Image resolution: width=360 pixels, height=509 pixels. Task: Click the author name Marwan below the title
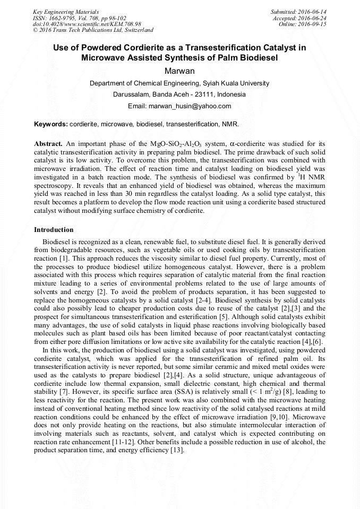click(x=179, y=70)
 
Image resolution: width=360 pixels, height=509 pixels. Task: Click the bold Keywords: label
click(x=51, y=124)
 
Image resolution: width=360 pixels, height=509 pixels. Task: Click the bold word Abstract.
click(x=49, y=144)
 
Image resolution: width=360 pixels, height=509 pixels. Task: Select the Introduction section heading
click(x=54, y=230)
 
